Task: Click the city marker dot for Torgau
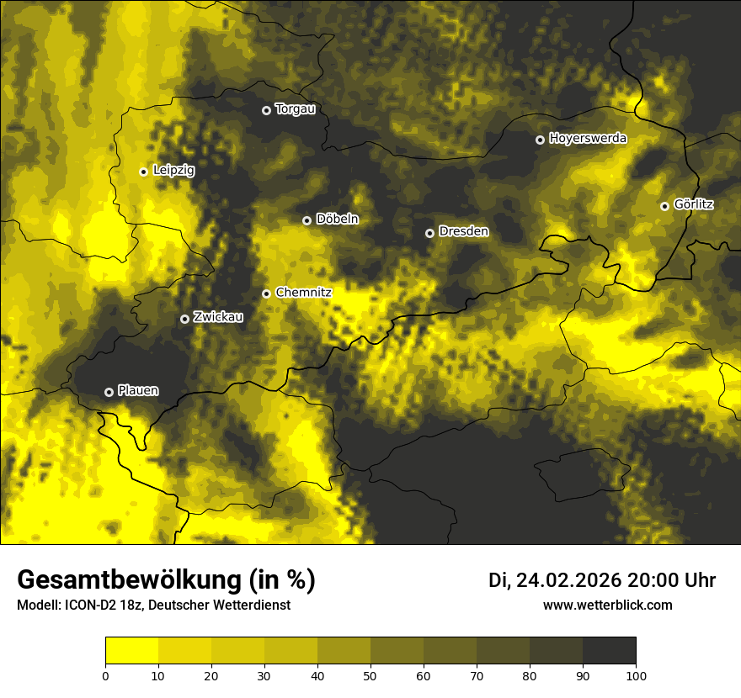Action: coord(266,110)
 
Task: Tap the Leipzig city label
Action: coord(173,171)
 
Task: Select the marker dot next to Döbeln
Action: coord(307,220)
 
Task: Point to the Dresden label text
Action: coord(463,231)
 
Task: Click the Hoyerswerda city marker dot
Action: coord(540,140)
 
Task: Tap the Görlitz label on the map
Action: coord(694,204)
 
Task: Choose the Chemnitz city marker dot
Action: coord(266,293)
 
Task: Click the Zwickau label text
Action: coord(218,317)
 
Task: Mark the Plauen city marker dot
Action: coord(109,392)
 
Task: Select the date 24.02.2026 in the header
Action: coord(568,580)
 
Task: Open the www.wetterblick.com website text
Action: coord(607,605)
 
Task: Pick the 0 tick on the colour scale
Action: coord(105,674)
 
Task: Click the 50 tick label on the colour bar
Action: coord(370,674)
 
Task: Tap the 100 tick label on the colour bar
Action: coord(636,674)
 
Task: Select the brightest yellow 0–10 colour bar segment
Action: coord(131,651)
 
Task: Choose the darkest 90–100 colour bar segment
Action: coord(609,651)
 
